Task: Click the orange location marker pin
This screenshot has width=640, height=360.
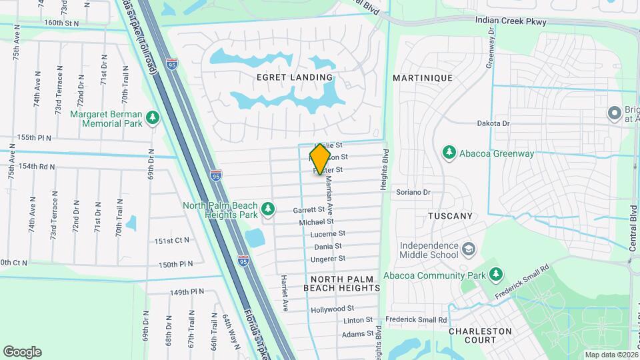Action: pos(321,159)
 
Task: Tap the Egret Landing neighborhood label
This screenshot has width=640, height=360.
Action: pos(295,77)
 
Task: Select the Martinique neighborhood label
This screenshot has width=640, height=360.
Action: pos(423,78)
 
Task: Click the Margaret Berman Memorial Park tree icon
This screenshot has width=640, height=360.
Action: pos(153,118)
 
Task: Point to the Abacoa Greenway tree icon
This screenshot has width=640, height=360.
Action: pos(449,153)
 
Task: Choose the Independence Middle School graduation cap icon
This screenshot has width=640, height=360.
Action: pos(469,249)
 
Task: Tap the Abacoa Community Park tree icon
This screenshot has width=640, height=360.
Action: pos(495,274)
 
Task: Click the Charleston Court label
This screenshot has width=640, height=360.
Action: pos(480,335)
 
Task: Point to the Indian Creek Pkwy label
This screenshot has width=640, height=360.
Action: pos(511,21)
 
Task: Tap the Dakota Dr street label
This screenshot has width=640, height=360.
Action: pos(493,123)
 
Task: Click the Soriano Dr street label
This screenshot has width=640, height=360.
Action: pos(413,192)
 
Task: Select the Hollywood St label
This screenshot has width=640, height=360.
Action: pos(332,309)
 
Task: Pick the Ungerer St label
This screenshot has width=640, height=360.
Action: pos(329,258)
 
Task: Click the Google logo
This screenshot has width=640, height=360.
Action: pos(22,352)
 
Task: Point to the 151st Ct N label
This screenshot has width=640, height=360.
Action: pos(172,240)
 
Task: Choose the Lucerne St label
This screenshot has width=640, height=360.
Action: pos(327,234)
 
